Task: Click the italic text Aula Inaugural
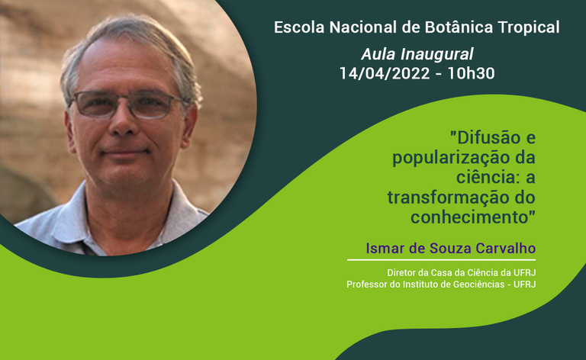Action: coord(417,54)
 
